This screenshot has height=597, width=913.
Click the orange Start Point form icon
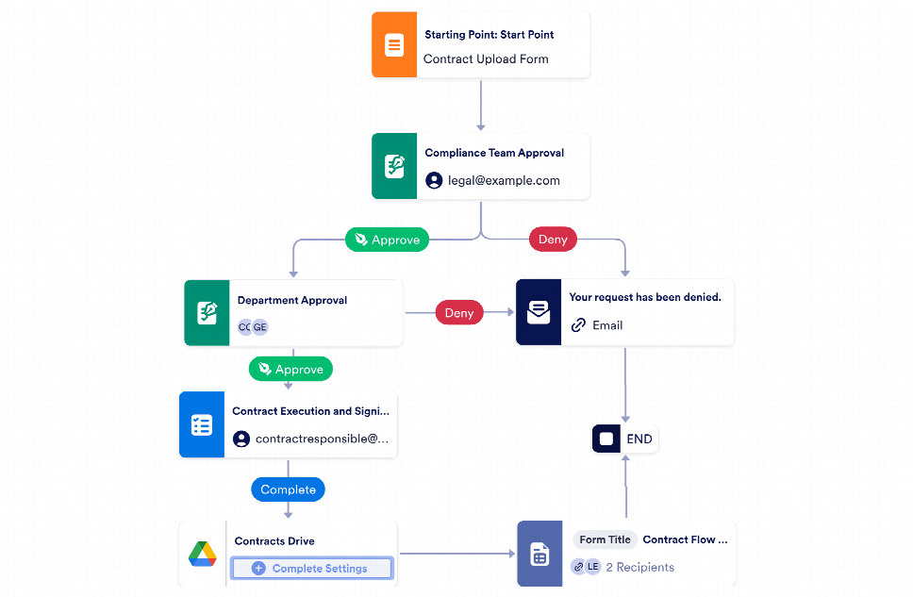[x=393, y=45]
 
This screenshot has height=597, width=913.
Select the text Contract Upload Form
[x=486, y=59]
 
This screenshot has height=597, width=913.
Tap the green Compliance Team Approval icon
[x=393, y=167]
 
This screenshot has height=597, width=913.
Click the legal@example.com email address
[x=504, y=180]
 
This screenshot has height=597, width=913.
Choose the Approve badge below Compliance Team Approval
[x=387, y=240]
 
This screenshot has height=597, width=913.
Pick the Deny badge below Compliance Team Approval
[x=552, y=240]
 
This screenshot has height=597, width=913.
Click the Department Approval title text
[x=291, y=301]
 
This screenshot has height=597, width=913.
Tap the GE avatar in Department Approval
[x=259, y=327]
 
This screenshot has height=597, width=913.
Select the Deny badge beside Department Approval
[x=458, y=313]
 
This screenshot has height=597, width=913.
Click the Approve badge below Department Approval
[x=290, y=369]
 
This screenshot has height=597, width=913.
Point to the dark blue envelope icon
[x=538, y=313]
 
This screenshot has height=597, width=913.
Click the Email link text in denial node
[x=606, y=325]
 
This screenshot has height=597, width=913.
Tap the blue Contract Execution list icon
[x=201, y=425]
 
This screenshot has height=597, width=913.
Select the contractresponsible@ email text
[x=322, y=439]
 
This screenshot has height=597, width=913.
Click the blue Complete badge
[x=288, y=489]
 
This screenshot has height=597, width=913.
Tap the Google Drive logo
[x=202, y=555]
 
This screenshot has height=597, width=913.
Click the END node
[x=625, y=439]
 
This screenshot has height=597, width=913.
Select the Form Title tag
[x=605, y=540]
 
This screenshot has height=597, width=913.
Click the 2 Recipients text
[x=639, y=567]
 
